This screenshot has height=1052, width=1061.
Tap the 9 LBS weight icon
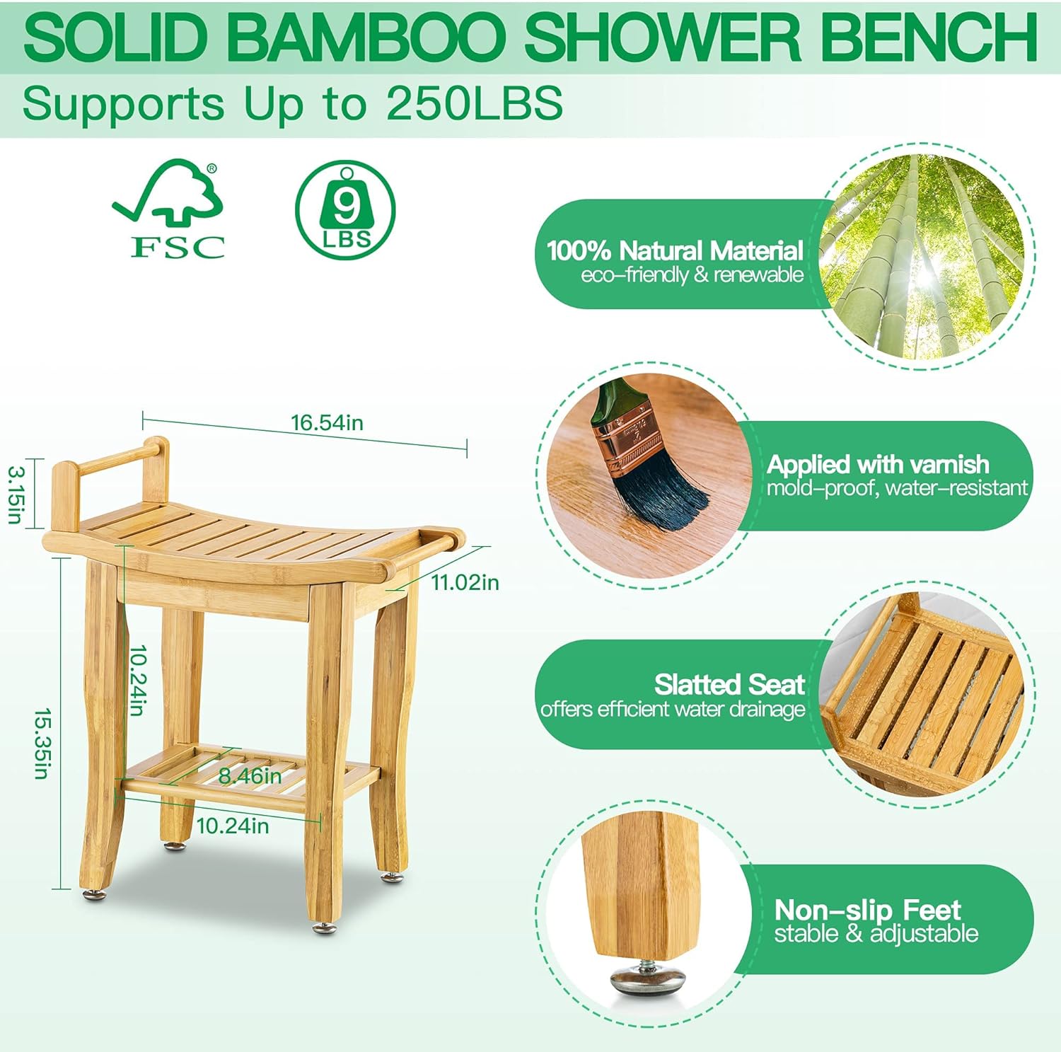point(345,210)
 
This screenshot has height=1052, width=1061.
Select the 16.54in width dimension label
point(327,422)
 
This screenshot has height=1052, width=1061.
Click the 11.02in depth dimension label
point(465,582)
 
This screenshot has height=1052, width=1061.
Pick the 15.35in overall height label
point(42,744)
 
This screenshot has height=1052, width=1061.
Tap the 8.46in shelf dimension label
point(250,776)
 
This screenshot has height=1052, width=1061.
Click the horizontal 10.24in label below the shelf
point(232,826)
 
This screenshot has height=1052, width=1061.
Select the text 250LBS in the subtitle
point(475,103)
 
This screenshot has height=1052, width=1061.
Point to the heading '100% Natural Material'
point(676,250)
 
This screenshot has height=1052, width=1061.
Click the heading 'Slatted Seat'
point(729,684)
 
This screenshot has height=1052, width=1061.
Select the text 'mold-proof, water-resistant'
point(897,487)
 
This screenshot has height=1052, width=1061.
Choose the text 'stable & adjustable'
point(876,933)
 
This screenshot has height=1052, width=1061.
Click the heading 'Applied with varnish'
point(878,464)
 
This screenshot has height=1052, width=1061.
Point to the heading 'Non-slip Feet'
point(867,909)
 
